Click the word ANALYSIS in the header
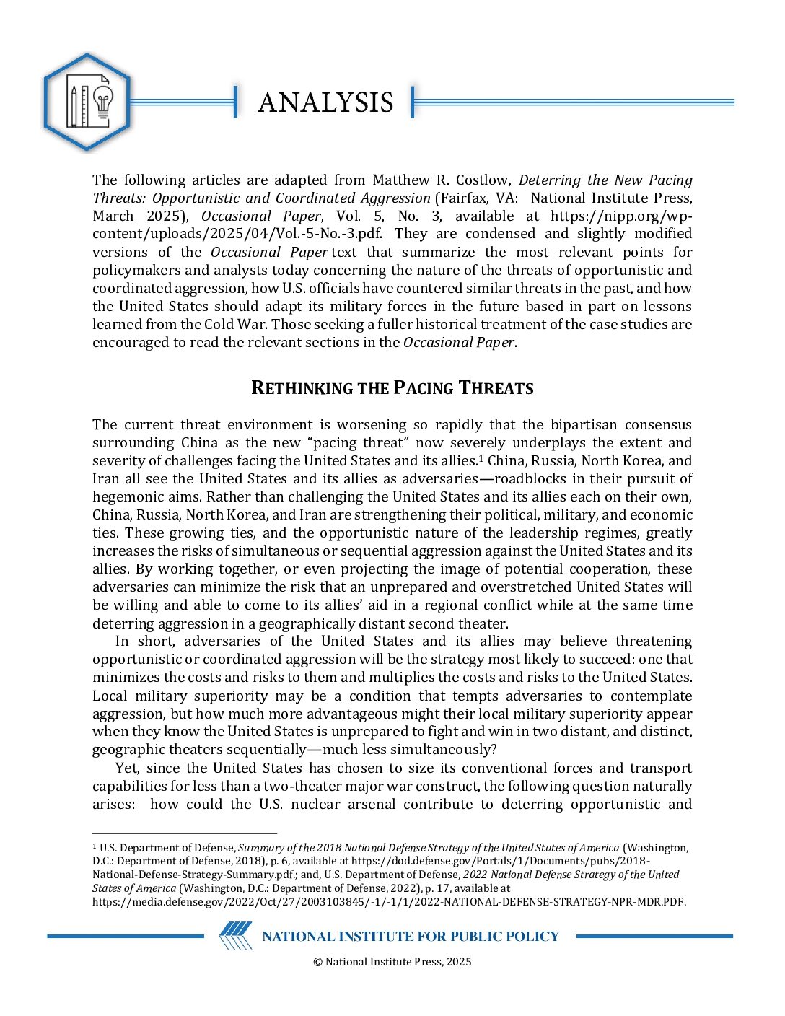point(325,102)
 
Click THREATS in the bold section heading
point(496,388)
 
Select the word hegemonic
point(123,496)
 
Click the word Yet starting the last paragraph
point(127,768)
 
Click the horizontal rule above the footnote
point(185,833)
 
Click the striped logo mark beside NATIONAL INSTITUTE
point(236,936)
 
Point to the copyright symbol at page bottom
point(317,962)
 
